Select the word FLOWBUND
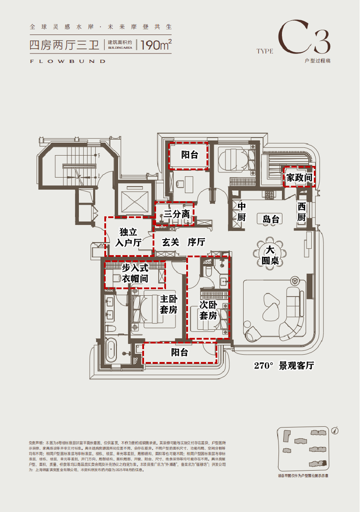pos(68,61)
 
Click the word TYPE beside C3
pos(265,51)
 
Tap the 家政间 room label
pos(298,177)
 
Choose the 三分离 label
pos(176,214)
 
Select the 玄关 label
pos(170,242)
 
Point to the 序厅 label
pos(196,242)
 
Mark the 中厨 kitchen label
pos(241,212)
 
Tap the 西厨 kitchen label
pos(301,212)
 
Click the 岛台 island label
pos(271,219)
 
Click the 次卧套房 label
pos(208,310)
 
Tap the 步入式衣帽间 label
pos(135,274)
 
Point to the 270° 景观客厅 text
pos(284,366)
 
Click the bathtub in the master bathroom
pos(111,350)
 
